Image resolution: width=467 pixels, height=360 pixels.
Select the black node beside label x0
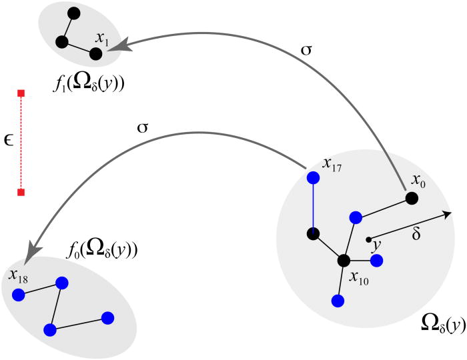pyautogui.click(x=412, y=198)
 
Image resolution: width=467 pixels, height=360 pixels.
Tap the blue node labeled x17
pyautogui.click(x=313, y=178)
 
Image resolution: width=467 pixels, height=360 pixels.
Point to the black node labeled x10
pyautogui.click(x=344, y=261)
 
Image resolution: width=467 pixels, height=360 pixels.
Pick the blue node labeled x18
pyautogui.click(x=19, y=294)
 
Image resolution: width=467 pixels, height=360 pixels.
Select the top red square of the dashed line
pyautogui.click(x=21, y=93)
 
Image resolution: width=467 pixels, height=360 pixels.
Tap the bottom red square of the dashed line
pyautogui.click(x=21, y=193)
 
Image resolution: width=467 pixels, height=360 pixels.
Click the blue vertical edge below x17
pyautogui.click(x=313, y=206)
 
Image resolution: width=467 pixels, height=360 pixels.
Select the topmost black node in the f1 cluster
pyautogui.click(x=73, y=13)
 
